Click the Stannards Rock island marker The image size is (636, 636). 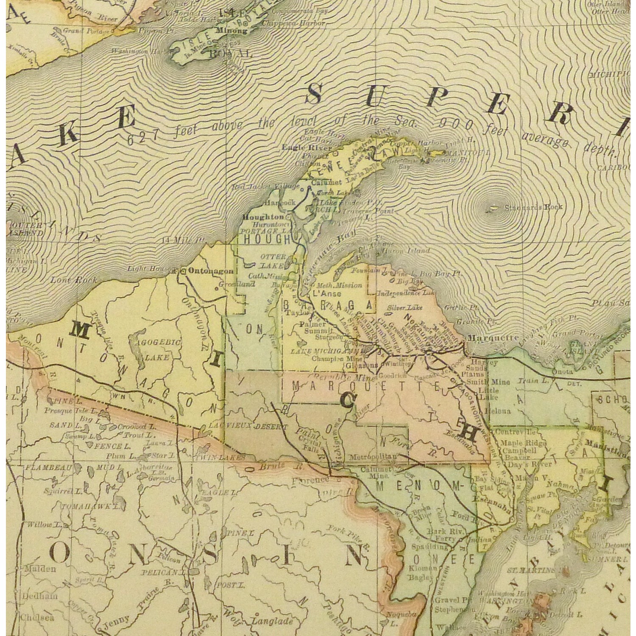point(493,207)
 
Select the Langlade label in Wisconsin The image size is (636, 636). point(272,622)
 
